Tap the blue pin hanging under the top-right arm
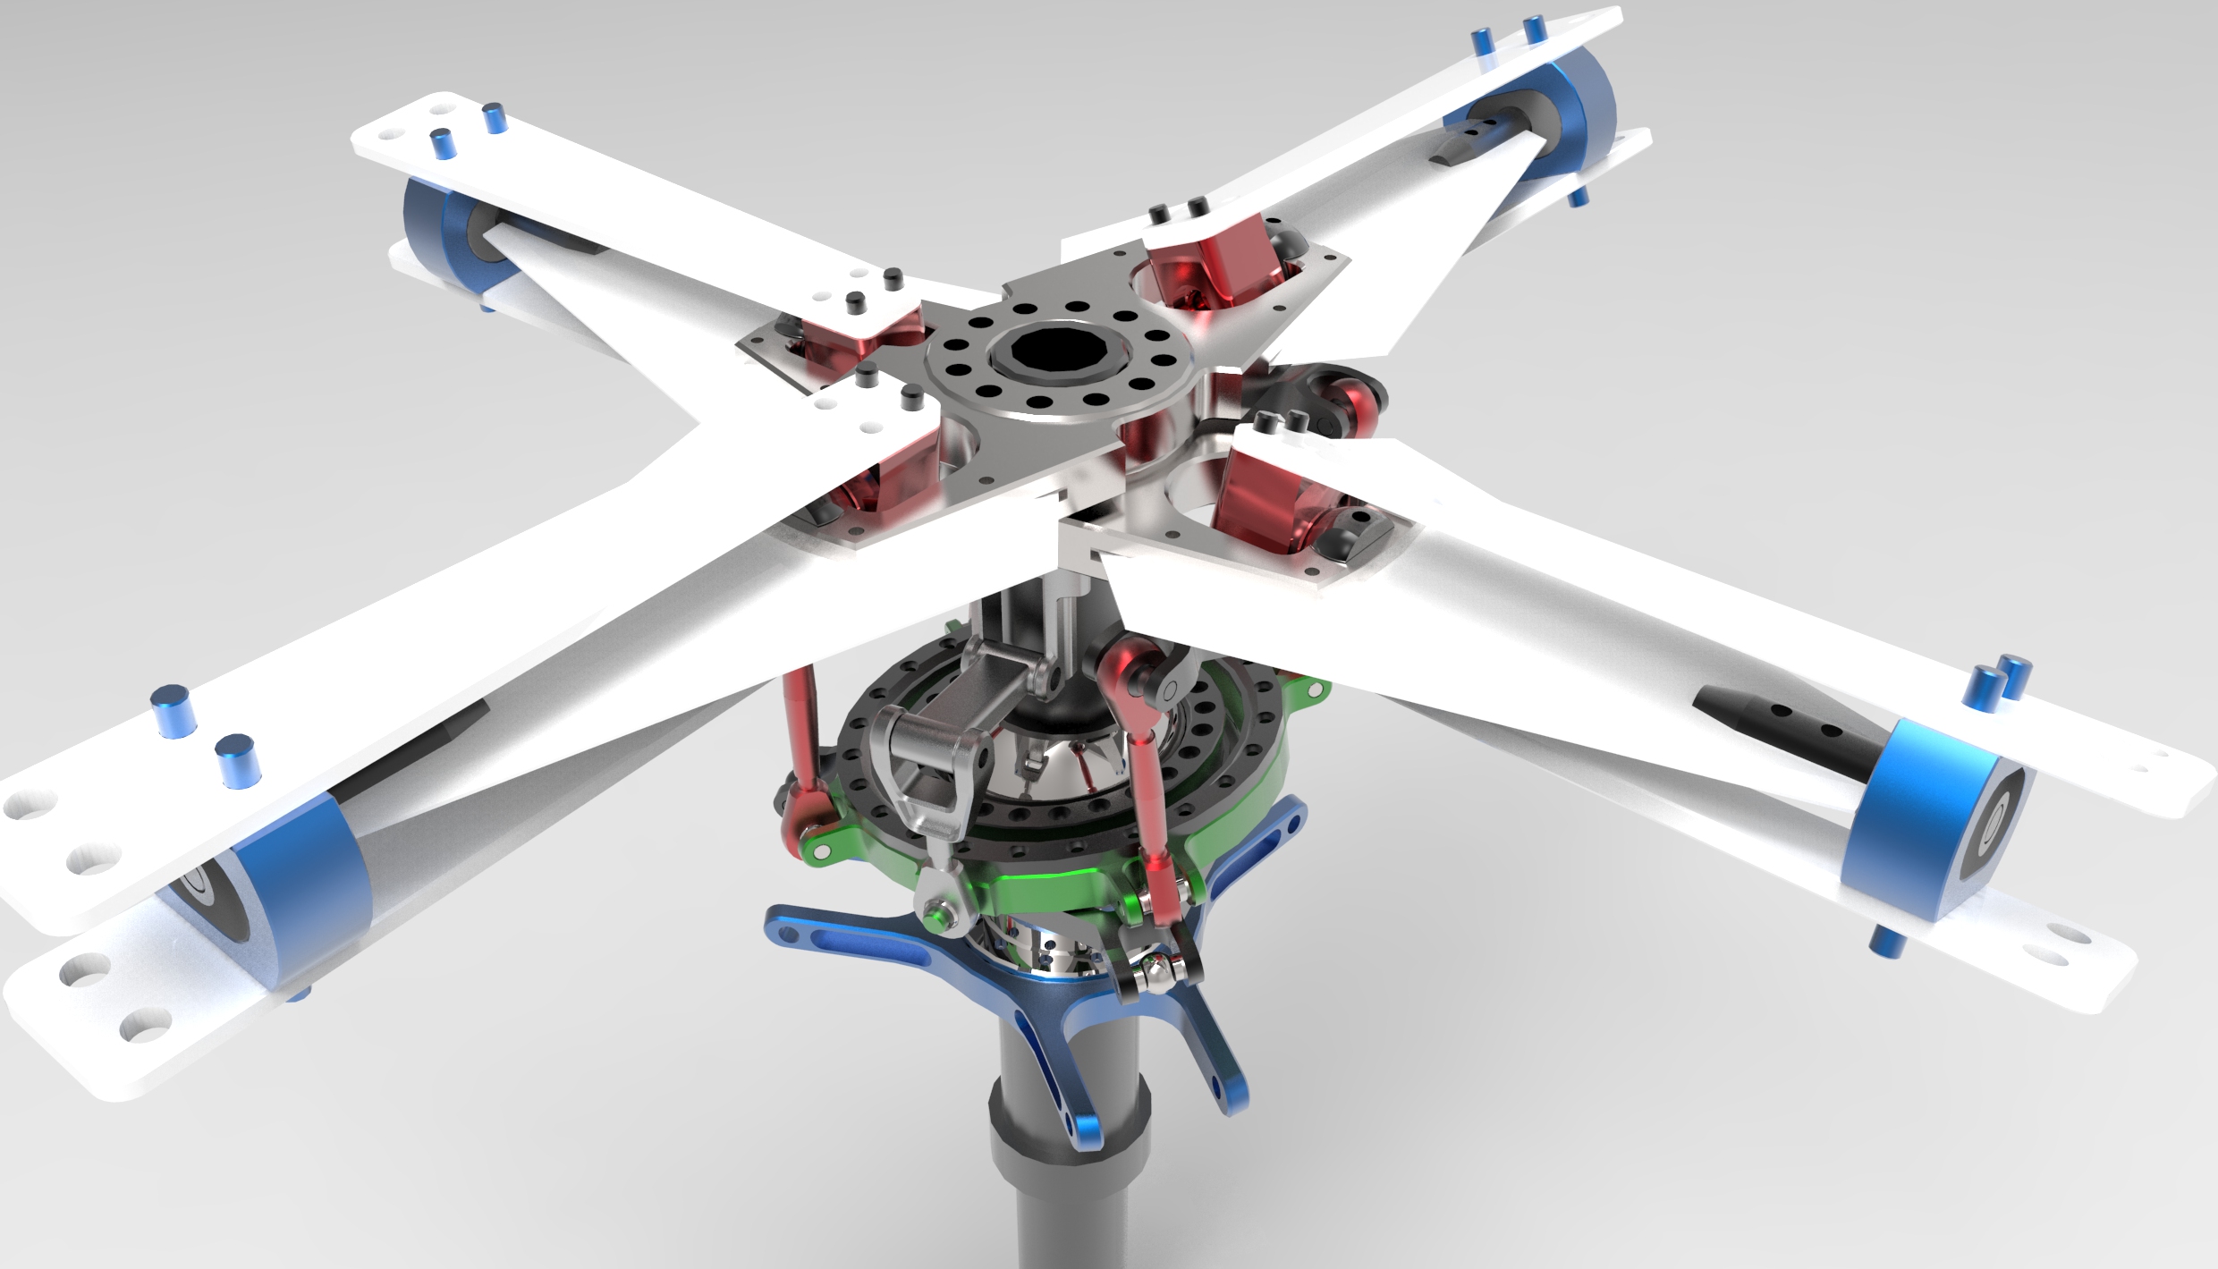tap(1579, 197)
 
